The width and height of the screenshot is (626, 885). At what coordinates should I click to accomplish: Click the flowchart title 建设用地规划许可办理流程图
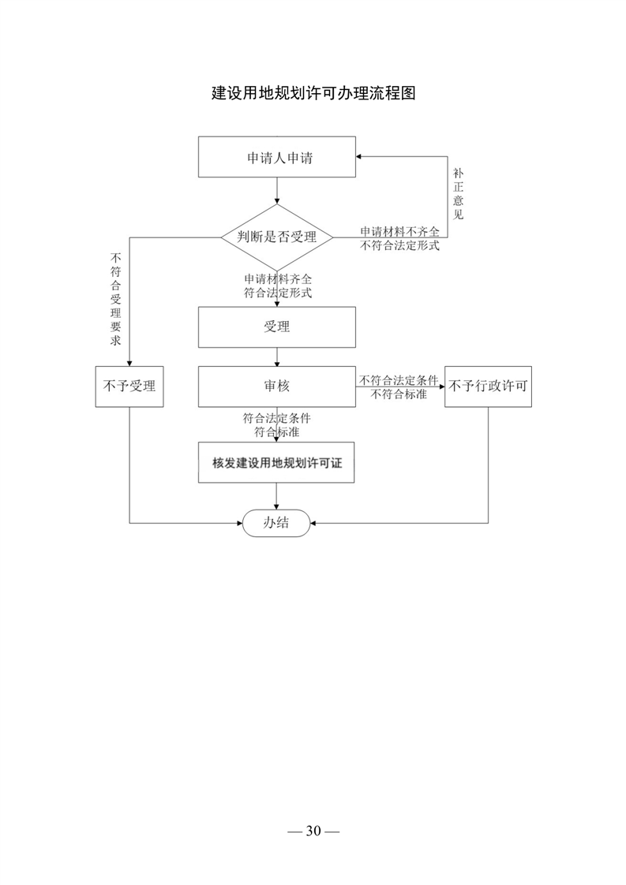coord(313,93)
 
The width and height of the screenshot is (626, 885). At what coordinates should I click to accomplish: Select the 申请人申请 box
coord(277,157)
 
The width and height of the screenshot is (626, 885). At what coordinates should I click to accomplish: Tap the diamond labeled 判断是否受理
coord(277,237)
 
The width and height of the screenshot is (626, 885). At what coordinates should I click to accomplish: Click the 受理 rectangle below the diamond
coord(277,327)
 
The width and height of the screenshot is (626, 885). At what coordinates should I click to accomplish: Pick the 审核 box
coord(277,386)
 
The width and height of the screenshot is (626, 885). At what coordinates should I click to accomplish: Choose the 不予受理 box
coord(129,386)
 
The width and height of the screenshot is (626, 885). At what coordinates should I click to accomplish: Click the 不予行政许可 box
coord(488,386)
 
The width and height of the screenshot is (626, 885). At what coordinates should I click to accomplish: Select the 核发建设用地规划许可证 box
coord(276,463)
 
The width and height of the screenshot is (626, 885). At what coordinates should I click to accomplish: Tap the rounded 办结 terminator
coord(276,523)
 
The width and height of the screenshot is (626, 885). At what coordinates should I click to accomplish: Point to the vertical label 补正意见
coord(458,193)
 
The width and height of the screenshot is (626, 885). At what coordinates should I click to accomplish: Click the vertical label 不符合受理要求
coord(116,299)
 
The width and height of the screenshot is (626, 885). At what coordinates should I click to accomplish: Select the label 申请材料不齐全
coord(400,231)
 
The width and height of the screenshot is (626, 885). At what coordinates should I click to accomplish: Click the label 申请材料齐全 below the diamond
coord(278,278)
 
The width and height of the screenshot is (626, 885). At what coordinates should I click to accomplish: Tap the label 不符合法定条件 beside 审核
coord(399,380)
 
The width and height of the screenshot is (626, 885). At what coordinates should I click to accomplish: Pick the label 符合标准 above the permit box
coord(277,432)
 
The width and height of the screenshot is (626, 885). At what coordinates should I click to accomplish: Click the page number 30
coord(313,831)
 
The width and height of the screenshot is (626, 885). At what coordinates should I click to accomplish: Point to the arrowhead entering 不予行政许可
coord(441,386)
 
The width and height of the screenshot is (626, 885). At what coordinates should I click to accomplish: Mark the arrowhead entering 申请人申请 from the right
coord(359,156)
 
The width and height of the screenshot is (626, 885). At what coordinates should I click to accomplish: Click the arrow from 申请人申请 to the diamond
coord(277,191)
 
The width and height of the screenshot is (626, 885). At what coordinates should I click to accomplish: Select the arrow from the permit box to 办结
coord(276,496)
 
